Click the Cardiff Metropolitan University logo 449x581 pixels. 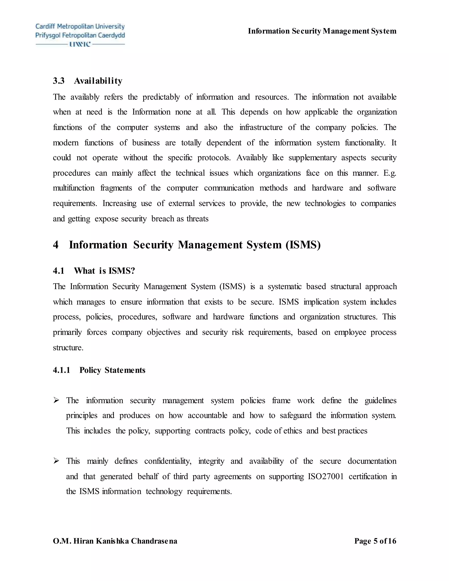(80, 35)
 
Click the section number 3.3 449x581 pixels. (59, 81)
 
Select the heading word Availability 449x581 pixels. (98, 81)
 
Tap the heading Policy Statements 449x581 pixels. (112, 370)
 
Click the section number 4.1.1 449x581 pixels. (61, 370)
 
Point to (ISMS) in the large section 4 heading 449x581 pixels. (303, 245)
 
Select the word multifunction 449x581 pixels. (74, 188)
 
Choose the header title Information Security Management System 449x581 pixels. (322, 31)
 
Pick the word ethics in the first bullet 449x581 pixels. (293, 431)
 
